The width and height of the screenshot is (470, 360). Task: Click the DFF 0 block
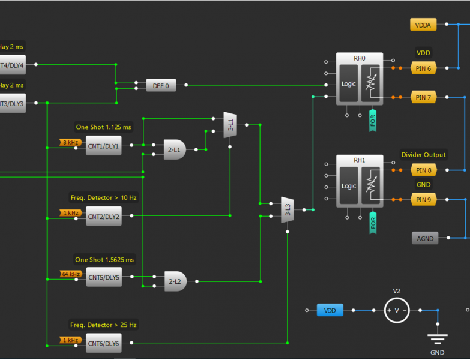point(161,86)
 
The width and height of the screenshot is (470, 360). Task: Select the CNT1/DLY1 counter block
point(103,146)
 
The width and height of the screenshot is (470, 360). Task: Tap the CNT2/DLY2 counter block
point(103,217)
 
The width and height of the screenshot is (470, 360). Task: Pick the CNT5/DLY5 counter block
point(103,277)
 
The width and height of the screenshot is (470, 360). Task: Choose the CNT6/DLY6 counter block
point(103,343)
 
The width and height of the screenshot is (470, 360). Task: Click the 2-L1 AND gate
point(175,149)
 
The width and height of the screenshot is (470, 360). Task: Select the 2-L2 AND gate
point(175,281)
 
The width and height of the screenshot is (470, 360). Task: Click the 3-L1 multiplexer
point(230,125)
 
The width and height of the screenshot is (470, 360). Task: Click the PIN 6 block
point(423,68)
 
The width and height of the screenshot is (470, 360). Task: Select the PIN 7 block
point(423,97)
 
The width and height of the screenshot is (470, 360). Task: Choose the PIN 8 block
point(423,170)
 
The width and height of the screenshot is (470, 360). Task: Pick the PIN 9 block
point(423,199)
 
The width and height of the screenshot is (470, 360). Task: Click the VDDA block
point(423,25)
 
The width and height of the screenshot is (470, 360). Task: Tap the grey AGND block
point(425,239)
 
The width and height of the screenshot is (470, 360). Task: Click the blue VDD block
point(330,310)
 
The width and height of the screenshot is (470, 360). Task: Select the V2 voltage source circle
point(396,310)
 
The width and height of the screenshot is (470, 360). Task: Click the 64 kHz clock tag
point(71,274)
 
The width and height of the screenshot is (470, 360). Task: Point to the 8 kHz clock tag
point(70,142)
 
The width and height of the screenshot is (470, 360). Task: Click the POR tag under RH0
point(373,122)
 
